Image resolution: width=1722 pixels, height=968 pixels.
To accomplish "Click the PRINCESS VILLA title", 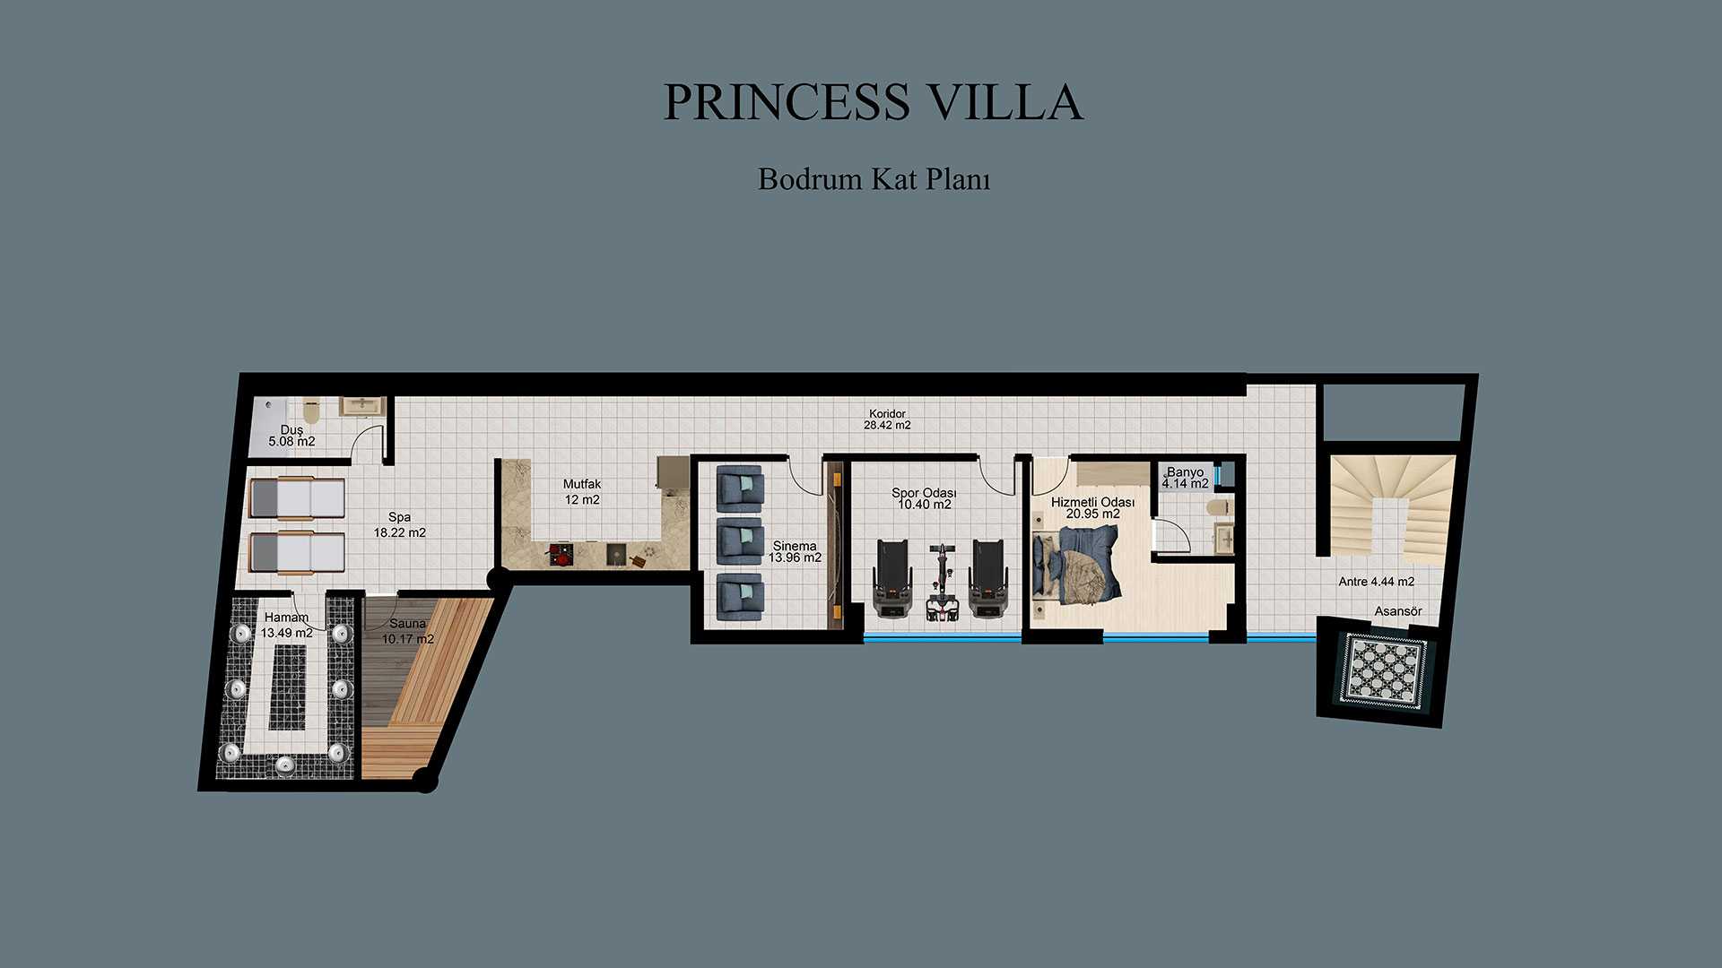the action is pyautogui.click(x=874, y=102).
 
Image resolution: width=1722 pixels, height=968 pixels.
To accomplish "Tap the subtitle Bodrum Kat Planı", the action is pyautogui.click(x=874, y=178).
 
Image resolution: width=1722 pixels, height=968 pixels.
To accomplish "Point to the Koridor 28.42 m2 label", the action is pyautogui.click(x=887, y=419).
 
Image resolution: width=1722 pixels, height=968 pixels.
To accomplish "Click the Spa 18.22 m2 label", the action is pyautogui.click(x=400, y=524).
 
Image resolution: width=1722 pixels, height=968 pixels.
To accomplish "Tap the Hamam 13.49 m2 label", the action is pyautogui.click(x=287, y=625).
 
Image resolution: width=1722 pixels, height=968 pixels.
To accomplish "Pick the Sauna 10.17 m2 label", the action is pyautogui.click(x=408, y=631).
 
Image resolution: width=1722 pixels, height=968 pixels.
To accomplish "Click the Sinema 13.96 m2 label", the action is pyautogui.click(x=795, y=551).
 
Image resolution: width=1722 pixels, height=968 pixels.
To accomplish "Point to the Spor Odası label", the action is pyautogui.click(x=924, y=493).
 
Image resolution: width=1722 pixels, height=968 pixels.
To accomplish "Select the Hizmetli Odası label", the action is pyautogui.click(x=1092, y=502).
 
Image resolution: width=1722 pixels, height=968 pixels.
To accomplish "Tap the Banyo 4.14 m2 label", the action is pyautogui.click(x=1185, y=478).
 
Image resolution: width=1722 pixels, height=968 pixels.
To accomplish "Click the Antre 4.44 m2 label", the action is pyautogui.click(x=1377, y=582).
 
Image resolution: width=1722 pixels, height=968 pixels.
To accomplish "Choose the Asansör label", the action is pyautogui.click(x=1398, y=611).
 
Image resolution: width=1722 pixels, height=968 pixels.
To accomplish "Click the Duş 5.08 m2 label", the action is pyautogui.click(x=291, y=436).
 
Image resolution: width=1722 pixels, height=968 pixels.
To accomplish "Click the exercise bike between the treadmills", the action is pyautogui.click(x=941, y=583).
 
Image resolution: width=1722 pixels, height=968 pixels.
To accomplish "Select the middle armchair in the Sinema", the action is pyautogui.click(x=740, y=540).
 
